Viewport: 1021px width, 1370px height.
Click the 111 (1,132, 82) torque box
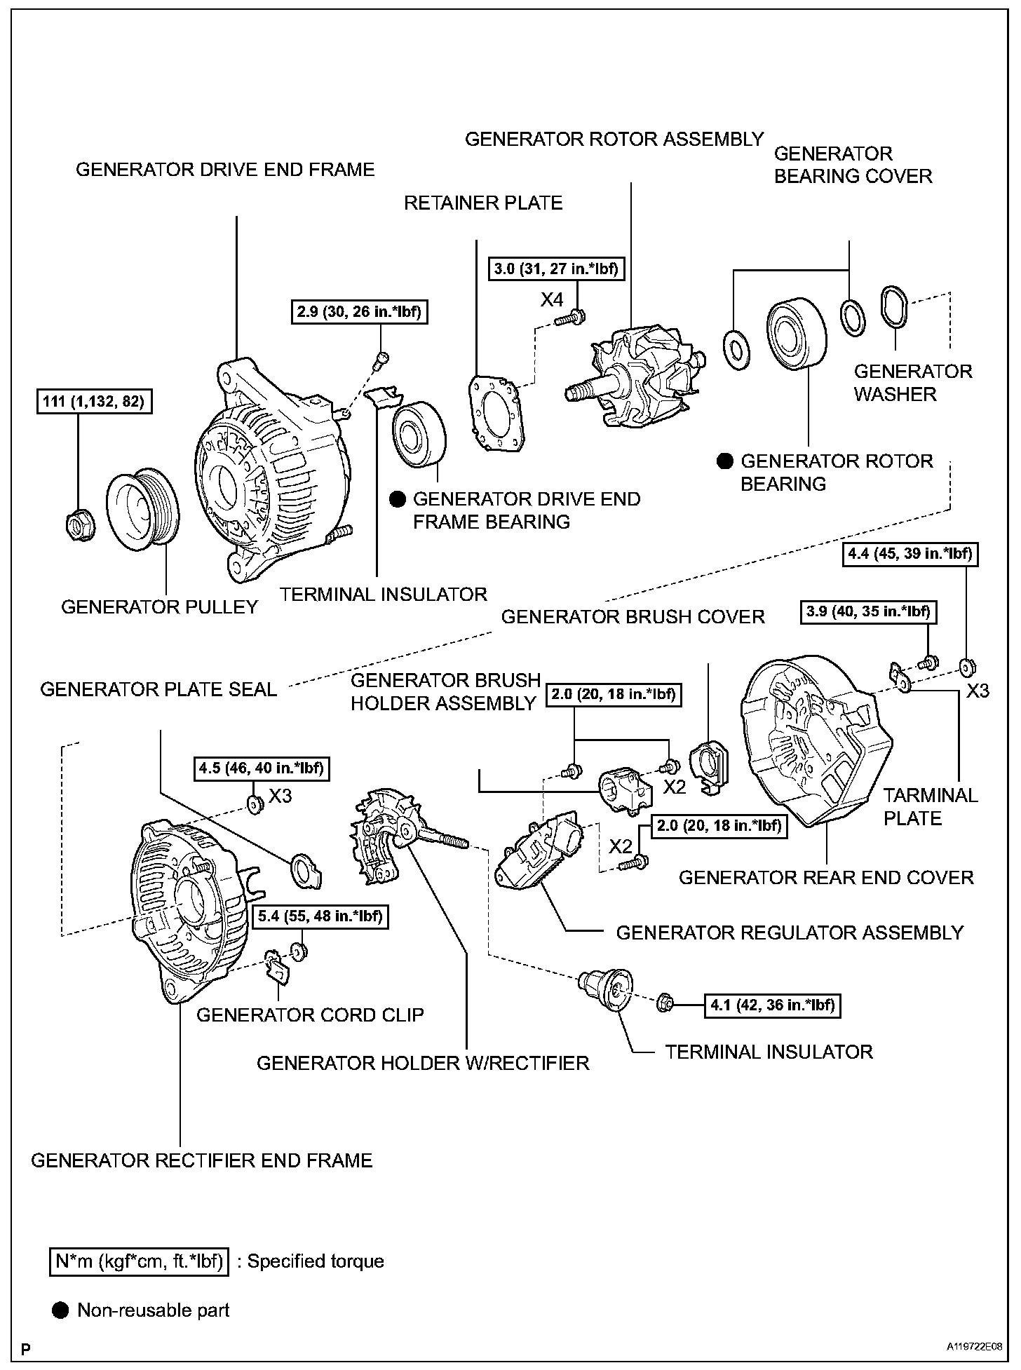coord(94,402)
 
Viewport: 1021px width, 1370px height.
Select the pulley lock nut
coord(78,524)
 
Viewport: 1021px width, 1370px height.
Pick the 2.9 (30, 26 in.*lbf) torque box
coord(358,312)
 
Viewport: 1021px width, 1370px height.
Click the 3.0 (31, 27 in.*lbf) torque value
coord(556,269)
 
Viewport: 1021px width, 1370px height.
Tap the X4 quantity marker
coord(551,300)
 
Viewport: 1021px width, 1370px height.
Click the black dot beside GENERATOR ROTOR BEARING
coord(724,461)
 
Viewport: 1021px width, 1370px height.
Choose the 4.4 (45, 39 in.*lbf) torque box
coord(910,554)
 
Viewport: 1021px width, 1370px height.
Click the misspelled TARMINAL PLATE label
coord(930,806)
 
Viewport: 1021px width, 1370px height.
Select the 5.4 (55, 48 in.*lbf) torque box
coord(320,916)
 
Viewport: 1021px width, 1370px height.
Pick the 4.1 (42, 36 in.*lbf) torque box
coord(772,1005)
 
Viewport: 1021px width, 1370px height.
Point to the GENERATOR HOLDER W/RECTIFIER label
coord(423,1063)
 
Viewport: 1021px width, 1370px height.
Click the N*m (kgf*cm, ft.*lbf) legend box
coord(139,1261)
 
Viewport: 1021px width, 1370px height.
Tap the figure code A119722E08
coord(973,1347)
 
